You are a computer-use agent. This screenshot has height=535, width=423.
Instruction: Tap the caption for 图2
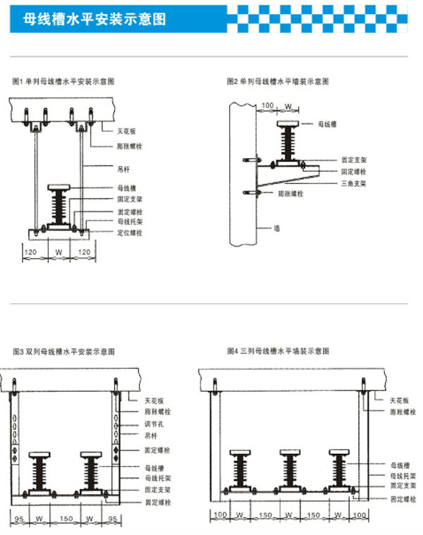point(277,82)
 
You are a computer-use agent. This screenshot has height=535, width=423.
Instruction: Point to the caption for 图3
point(63,351)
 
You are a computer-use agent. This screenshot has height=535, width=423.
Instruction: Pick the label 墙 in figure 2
point(278,228)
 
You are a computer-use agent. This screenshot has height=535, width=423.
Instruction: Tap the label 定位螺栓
point(130,233)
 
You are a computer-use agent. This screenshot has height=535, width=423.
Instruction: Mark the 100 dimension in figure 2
point(267,106)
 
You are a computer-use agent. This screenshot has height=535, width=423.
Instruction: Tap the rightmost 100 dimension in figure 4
point(359,516)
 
